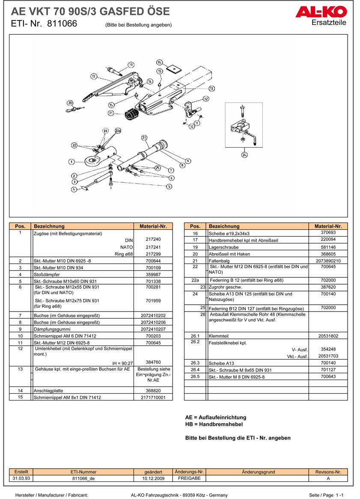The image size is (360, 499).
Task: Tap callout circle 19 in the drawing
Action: click(x=131, y=65)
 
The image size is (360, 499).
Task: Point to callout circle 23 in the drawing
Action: click(x=144, y=138)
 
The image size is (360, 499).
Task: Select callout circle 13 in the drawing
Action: click(x=211, y=89)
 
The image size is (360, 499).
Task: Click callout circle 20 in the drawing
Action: click(x=70, y=103)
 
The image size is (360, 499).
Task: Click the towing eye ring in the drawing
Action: click(x=93, y=161)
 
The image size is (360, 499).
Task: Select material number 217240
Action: click(x=153, y=240)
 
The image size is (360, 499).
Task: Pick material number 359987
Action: click(x=153, y=274)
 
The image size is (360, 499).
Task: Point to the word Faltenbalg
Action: click(x=219, y=261)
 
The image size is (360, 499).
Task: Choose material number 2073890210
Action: click(x=328, y=261)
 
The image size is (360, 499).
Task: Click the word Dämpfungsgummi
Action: click(x=53, y=329)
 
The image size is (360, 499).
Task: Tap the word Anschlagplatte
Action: click(x=49, y=391)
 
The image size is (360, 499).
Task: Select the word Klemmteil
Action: click(x=218, y=336)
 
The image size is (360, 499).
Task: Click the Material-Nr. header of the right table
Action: click(x=328, y=226)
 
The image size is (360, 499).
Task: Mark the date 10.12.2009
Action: click(x=153, y=478)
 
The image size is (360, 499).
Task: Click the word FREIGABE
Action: click(x=189, y=478)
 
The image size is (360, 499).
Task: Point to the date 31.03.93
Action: click(x=21, y=478)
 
